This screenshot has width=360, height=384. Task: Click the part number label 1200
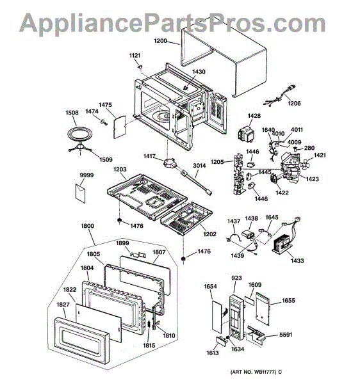(160, 41)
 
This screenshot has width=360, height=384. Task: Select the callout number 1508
(72, 113)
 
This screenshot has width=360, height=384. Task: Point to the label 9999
(86, 175)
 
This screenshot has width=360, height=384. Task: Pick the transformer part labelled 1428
(246, 134)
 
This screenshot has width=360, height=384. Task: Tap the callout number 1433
(297, 260)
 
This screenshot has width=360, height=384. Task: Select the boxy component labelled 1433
(282, 244)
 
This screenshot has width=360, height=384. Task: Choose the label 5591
(286, 335)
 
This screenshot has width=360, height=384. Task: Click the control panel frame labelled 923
(237, 317)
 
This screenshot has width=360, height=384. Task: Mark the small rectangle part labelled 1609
(250, 300)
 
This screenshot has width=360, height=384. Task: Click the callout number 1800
(88, 225)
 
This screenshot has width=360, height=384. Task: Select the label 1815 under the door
(149, 345)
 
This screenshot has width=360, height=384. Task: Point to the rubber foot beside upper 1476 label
(120, 221)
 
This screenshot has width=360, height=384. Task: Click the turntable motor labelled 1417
(169, 163)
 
